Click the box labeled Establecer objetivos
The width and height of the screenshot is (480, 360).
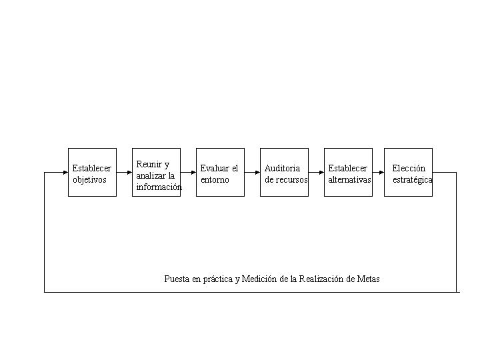92,173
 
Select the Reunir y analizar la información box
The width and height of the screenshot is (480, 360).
156,173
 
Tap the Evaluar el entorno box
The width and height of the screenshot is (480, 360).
220,173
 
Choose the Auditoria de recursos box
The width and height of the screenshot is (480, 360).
284,173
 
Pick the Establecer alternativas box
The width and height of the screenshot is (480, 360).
348,173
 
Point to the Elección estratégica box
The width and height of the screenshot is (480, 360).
408,173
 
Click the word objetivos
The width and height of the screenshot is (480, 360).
89,180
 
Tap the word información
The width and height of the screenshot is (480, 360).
159,187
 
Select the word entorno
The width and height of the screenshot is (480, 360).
215,180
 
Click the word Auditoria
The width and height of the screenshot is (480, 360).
282,168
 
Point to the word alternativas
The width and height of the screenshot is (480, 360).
349,179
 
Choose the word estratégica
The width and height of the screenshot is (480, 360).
413,180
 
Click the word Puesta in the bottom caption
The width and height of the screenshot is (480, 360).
177,279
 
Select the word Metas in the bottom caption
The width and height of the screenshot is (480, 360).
368,279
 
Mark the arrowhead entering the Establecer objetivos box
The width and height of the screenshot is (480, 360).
65,173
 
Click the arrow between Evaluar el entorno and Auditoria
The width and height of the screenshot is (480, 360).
252,173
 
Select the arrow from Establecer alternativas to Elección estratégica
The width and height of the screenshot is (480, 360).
379,173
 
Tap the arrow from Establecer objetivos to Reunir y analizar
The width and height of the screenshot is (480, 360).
124,173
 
